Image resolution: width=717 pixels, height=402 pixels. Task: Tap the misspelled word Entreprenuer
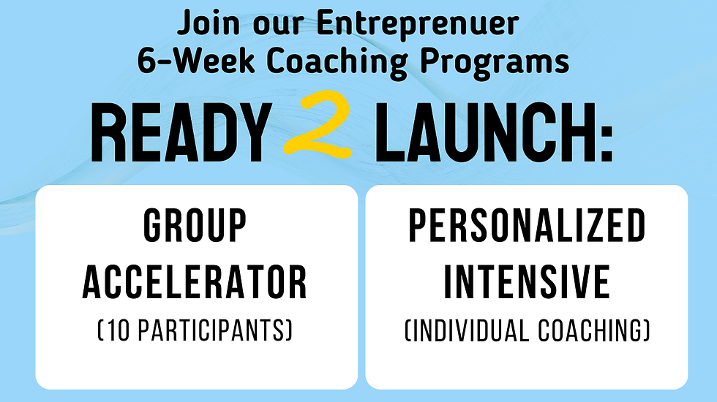tap(418, 23)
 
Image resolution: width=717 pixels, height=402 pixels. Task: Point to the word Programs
tap(495, 61)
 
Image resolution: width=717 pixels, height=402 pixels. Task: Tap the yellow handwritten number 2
tap(318, 124)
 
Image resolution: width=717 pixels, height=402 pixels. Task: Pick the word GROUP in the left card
tap(195, 225)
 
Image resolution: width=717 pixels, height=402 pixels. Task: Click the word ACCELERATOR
tap(195, 281)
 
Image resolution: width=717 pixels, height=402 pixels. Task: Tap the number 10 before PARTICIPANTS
tap(119, 330)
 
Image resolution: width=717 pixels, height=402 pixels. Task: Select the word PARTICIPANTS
tap(211, 330)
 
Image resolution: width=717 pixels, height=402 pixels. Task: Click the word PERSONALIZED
tap(527, 225)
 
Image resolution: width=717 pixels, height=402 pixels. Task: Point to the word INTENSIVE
tap(527, 281)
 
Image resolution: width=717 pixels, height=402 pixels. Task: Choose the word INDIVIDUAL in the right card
tap(470, 330)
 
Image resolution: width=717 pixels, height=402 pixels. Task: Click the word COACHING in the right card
tap(591, 330)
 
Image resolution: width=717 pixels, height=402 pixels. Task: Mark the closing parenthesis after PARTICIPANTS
tap(289, 330)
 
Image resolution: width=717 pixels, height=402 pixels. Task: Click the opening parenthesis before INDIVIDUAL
tap(408, 330)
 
